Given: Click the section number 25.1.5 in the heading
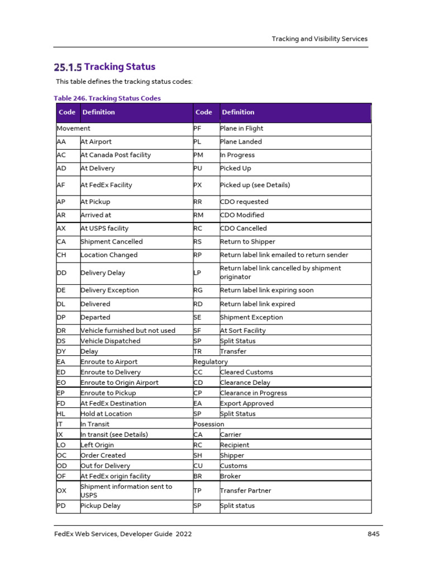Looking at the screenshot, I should click(x=68, y=68).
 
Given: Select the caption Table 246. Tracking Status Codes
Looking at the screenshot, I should click(x=107, y=98).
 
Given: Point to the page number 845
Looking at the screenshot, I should click(x=374, y=534).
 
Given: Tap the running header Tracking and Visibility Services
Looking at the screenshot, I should click(x=320, y=39).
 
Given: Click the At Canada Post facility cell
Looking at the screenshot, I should click(x=116, y=155).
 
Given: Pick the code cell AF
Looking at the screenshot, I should click(x=61, y=185).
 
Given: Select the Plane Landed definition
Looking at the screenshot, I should click(x=241, y=142).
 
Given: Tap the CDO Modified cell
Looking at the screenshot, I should click(x=242, y=215).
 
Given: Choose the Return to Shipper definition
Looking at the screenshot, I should click(x=247, y=242).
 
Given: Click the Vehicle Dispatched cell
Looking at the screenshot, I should click(x=111, y=341).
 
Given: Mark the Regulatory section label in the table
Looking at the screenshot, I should click(x=211, y=362).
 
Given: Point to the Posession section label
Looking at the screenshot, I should click(x=209, y=425).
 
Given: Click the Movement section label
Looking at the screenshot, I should click(x=74, y=128).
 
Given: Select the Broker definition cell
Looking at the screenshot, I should click(x=231, y=476).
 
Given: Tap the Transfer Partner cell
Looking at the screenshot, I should click(x=246, y=491).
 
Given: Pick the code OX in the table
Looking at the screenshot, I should click(x=61, y=491).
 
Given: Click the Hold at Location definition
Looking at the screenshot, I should click(x=107, y=414).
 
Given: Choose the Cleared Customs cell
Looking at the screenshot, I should click(x=246, y=372).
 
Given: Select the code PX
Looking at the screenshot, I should click(x=198, y=185).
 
